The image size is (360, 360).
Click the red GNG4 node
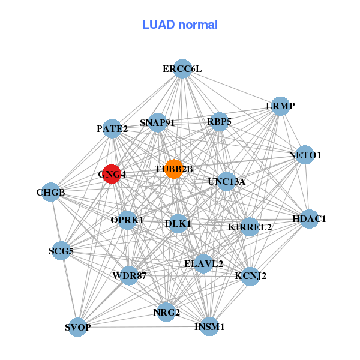112,174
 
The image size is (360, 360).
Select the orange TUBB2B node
174,169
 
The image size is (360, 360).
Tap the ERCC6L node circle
182,69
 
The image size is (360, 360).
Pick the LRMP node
280,106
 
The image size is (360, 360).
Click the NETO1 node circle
305,155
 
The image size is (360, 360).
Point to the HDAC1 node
309,219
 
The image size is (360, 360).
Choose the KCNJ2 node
250,277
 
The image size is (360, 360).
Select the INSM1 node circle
209,326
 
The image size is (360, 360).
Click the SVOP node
78,327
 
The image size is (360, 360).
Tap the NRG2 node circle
166,312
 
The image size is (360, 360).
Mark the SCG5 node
61,251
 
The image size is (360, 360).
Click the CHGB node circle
51,192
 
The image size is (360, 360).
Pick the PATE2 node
112,128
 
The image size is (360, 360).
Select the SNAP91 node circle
157,122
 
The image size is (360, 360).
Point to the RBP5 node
220,122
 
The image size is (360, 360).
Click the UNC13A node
227,181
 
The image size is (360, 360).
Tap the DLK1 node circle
178,224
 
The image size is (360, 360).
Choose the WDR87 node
129,276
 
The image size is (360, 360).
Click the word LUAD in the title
158,25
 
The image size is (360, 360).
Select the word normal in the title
198,25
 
